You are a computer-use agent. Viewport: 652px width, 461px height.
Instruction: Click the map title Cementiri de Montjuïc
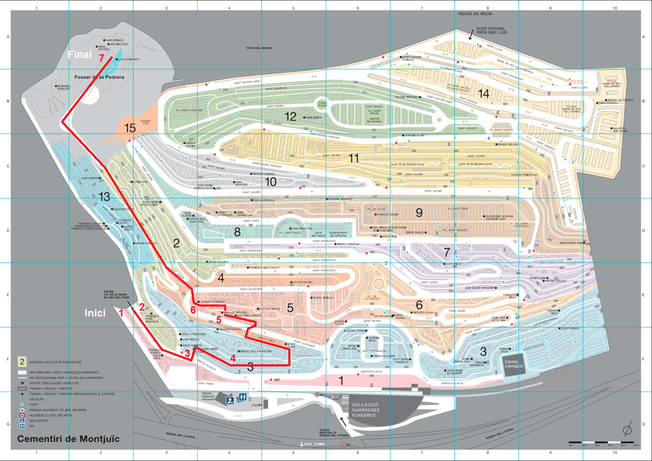tap(68, 439)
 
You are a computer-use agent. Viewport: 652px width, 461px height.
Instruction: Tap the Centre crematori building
tap(514, 364)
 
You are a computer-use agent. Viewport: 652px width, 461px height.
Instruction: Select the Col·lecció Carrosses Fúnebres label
tap(365, 410)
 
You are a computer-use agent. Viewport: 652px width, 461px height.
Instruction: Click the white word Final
tap(80, 55)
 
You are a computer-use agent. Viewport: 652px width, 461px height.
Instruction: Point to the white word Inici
tap(95, 313)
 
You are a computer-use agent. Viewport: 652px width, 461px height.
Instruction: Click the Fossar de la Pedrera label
tap(99, 77)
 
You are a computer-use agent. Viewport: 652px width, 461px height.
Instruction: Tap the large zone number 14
tap(483, 94)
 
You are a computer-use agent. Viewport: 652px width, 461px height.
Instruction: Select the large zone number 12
tap(290, 116)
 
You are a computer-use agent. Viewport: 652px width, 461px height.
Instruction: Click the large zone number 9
tap(419, 212)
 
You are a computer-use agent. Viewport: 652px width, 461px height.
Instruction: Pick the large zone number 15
tap(130, 128)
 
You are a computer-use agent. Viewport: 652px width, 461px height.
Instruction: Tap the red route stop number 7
tap(101, 58)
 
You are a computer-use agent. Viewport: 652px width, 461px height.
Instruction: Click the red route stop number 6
tap(193, 310)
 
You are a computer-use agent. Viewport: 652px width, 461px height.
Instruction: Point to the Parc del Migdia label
tap(259, 48)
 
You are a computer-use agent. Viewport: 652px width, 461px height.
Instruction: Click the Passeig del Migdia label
tap(475, 14)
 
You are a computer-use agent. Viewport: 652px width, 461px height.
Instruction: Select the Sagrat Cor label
tap(146, 122)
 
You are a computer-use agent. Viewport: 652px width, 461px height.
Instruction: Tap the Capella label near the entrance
tap(257, 405)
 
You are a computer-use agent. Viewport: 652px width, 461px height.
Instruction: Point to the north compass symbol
tap(627, 429)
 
